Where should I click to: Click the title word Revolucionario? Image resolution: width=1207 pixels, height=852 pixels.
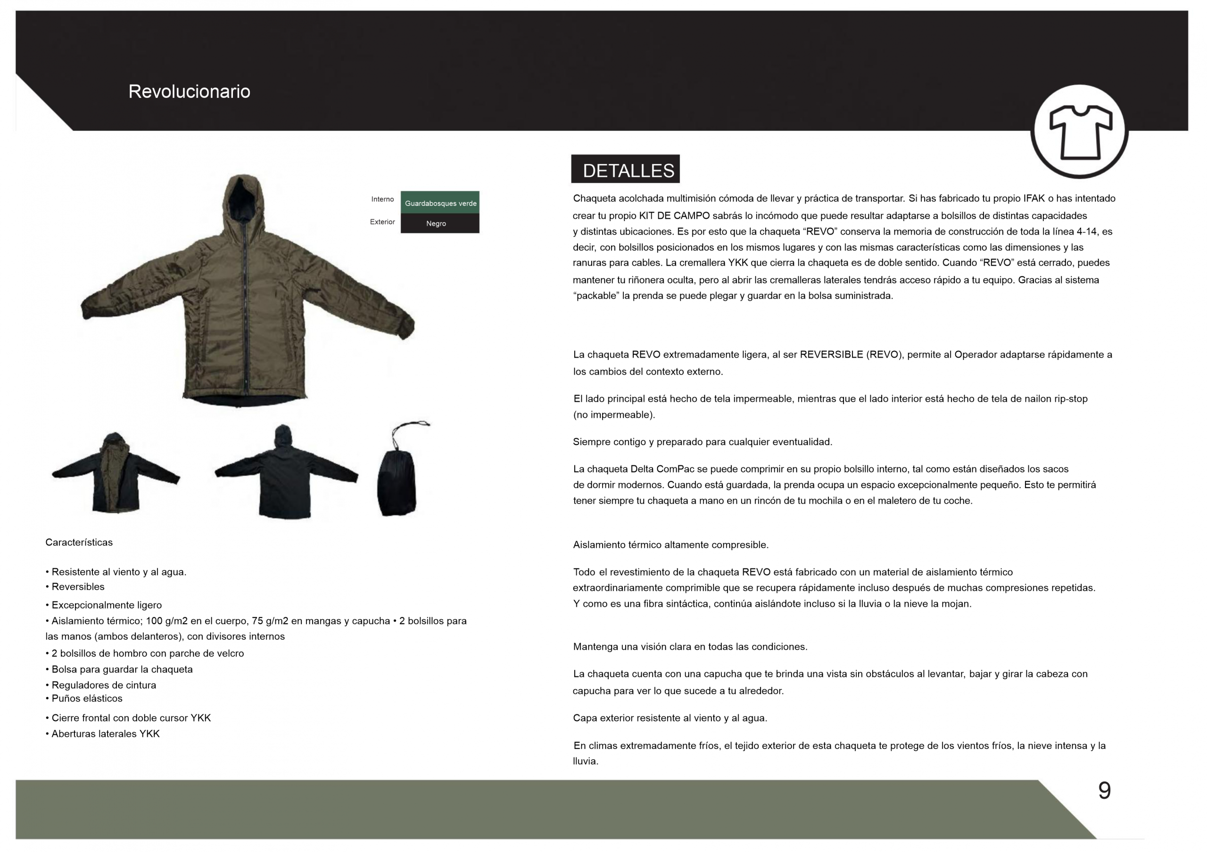point(189,91)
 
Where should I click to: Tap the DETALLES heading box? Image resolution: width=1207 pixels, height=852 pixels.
point(625,169)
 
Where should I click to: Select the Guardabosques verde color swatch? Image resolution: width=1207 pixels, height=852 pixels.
point(440,203)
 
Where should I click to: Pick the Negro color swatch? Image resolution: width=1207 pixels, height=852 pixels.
point(440,223)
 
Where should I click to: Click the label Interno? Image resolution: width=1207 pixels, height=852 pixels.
point(382,199)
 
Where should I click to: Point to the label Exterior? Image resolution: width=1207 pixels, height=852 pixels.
point(382,222)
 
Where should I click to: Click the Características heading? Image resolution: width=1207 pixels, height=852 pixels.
point(79,542)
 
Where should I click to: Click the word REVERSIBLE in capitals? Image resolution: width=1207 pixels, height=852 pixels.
point(831,355)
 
